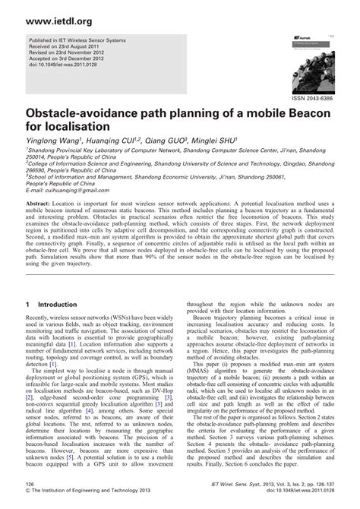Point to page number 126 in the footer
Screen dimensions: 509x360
[32, 493]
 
